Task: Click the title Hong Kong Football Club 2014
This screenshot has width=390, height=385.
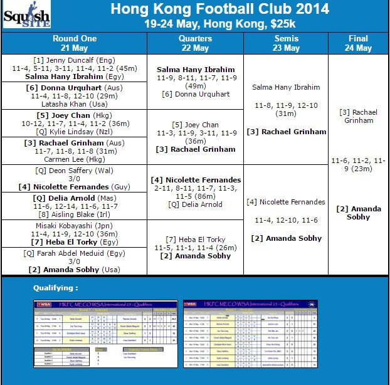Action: (x=219, y=9)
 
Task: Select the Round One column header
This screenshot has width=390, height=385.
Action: (x=74, y=43)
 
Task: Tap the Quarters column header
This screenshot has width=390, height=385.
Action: (x=195, y=43)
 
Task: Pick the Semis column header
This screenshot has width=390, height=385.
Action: (x=285, y=43)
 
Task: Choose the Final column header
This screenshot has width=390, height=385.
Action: (x=358, y=43)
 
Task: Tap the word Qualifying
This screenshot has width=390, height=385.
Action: (x=56, y=288)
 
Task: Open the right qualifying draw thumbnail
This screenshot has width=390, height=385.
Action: (x=251, y=334)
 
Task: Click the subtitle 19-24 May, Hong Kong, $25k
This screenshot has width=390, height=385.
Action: (x=219, y=24)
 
